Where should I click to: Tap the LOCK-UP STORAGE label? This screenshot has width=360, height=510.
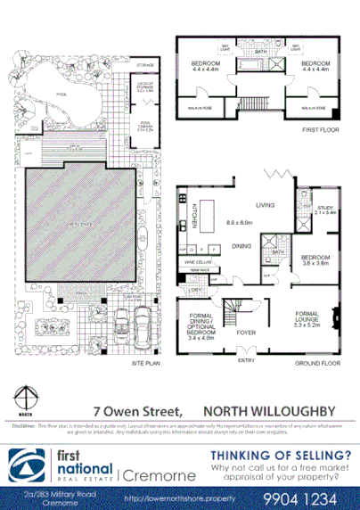[x=145, y=86]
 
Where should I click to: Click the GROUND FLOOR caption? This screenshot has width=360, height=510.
[x=321, y=363]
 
